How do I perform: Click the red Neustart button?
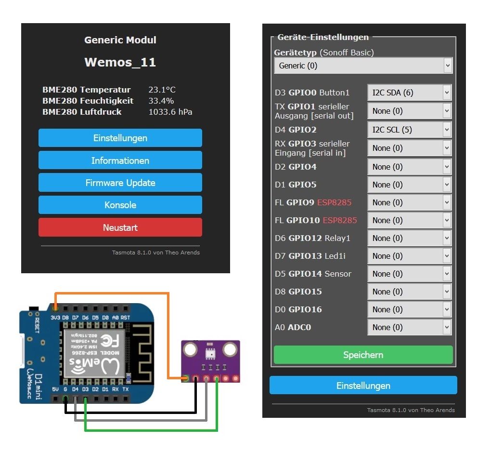[120, 227]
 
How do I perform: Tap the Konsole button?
[120, 205]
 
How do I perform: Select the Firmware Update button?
[120, 183]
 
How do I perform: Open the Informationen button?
[120, 160]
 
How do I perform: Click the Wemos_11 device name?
[120, 62]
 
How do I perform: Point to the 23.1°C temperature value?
[162, 90]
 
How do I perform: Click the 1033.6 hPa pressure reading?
[170, 112]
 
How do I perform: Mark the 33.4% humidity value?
[161, 101]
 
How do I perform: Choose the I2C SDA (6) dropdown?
[409, 93]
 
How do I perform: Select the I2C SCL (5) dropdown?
[409, 130]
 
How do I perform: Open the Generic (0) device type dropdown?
[363, 66]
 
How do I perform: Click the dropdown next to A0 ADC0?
[409, 327]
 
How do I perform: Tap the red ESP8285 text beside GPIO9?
[334, 202]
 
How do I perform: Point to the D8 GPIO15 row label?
[298, 292]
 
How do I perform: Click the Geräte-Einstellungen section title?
[323, 37]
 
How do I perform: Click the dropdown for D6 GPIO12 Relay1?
[409, 238]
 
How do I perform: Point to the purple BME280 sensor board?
[210, 361]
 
